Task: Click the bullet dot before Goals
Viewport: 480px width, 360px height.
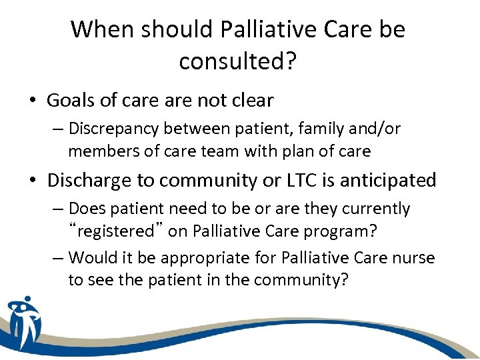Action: [x=33, y=101]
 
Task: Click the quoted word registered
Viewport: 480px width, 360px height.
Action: [x=116, y=232]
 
